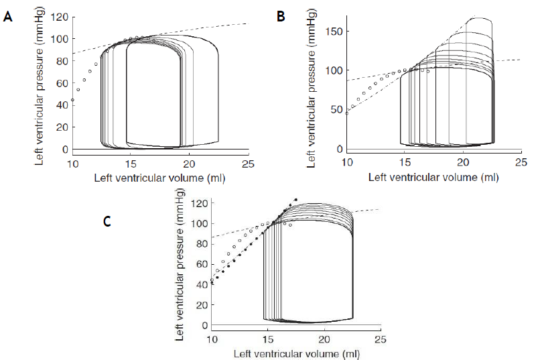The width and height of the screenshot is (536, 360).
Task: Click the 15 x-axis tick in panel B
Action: point(405,162)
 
